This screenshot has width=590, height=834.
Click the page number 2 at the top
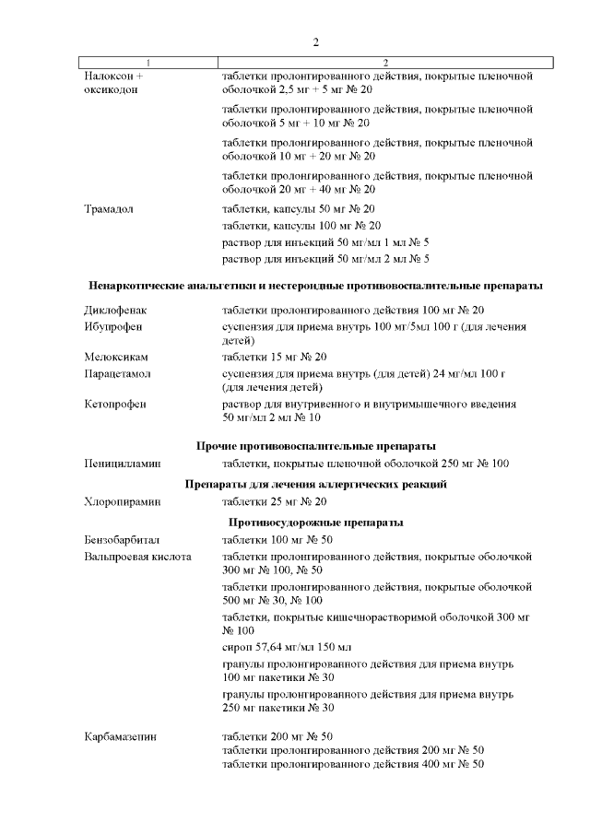coord(315,42)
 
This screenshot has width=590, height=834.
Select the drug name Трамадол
coord(109,209)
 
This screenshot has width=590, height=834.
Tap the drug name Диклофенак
coord(115,311)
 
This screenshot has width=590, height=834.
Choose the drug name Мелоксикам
coord(116,357)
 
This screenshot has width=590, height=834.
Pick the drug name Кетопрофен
coord(115,404)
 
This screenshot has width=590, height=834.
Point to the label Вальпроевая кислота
coord(137,557)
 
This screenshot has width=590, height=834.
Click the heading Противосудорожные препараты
coord(315,523)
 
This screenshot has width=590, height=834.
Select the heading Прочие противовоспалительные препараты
coord(315,446)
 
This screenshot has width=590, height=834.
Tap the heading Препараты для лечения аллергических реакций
coord(315,484)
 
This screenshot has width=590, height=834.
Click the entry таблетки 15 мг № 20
coord(275,357)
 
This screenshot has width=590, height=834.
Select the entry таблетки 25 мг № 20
coord(275,502)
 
